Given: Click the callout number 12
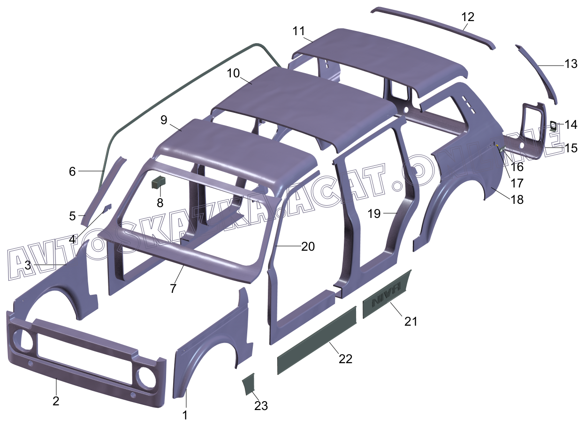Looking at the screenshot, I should coord(467,17).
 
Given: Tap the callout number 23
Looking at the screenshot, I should coord(261,406).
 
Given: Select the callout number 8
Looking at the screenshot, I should coord(160,202).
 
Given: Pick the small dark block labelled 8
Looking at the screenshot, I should coord(159,181).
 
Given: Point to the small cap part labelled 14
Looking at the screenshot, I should coord(554,125).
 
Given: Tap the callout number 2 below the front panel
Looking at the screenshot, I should coord(56,401).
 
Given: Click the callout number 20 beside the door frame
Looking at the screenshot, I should coord(308,246).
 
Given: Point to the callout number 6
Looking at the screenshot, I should coord(72,172).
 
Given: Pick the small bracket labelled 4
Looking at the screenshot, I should coord(106,207).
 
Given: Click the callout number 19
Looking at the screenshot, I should coord(374,214).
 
